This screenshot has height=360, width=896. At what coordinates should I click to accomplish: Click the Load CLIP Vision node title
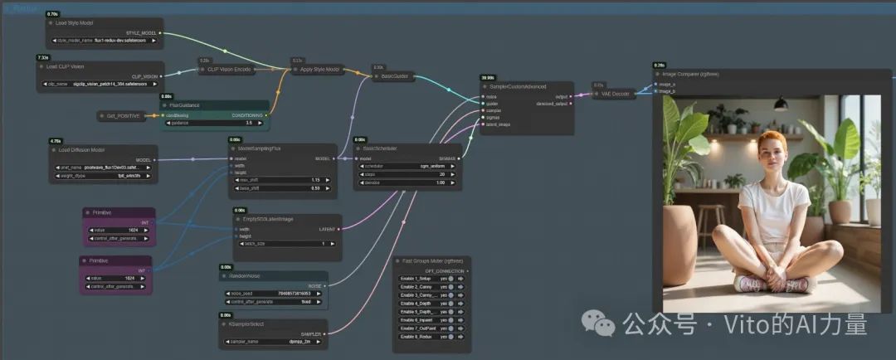tap(66, 66)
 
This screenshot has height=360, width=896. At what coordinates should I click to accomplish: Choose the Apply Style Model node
tap(320, 70)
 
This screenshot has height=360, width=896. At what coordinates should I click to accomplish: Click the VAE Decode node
tap(614, 94)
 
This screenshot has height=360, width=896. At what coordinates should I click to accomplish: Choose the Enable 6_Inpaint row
tap(431, 319)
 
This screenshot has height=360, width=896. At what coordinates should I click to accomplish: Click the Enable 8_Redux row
tap(431, 337)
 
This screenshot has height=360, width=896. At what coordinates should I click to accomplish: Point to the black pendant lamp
tap(779, 104)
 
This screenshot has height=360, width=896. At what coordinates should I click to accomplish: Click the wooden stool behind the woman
tap(710, 219)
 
